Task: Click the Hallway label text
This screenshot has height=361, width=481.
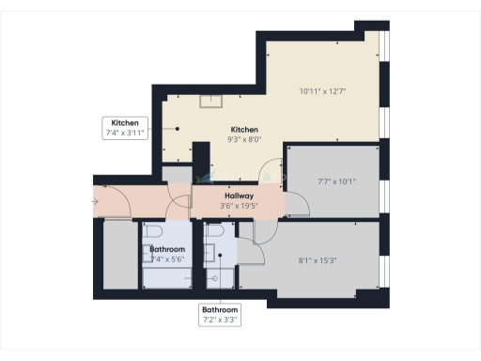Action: tap(226, 196)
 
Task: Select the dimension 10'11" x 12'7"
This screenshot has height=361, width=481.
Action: tap(321, 91)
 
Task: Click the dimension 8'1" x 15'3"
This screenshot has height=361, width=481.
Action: tap(318, 260)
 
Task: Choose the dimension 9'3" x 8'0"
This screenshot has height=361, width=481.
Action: tap(244, 139)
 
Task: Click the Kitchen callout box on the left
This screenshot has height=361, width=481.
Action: tap(125, 129)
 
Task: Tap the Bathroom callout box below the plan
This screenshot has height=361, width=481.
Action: tap(221, 314)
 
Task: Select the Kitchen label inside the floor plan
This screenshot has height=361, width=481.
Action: tap(244, 130)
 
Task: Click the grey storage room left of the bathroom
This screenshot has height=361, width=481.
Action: tap(119, 255)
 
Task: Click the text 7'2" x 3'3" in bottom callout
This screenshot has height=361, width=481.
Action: tap(221, 320)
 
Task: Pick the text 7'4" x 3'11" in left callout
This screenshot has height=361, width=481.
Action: tap(125, 134)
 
